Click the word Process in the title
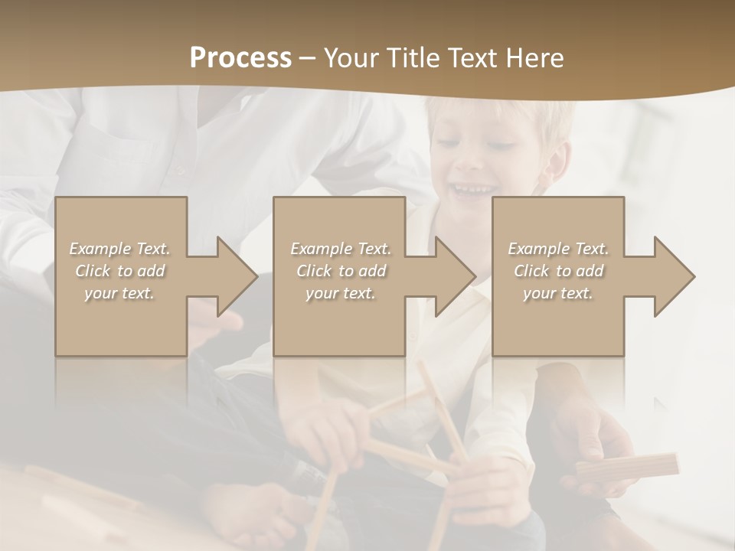240,58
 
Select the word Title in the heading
411,58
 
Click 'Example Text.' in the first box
120,249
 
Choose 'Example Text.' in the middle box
341,249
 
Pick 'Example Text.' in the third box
558,249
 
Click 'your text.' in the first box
120,293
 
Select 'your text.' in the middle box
341,293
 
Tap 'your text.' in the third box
558,293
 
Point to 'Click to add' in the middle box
341,271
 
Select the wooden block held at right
628,468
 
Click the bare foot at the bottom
253,513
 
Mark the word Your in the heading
351,58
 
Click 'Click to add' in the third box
558,271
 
